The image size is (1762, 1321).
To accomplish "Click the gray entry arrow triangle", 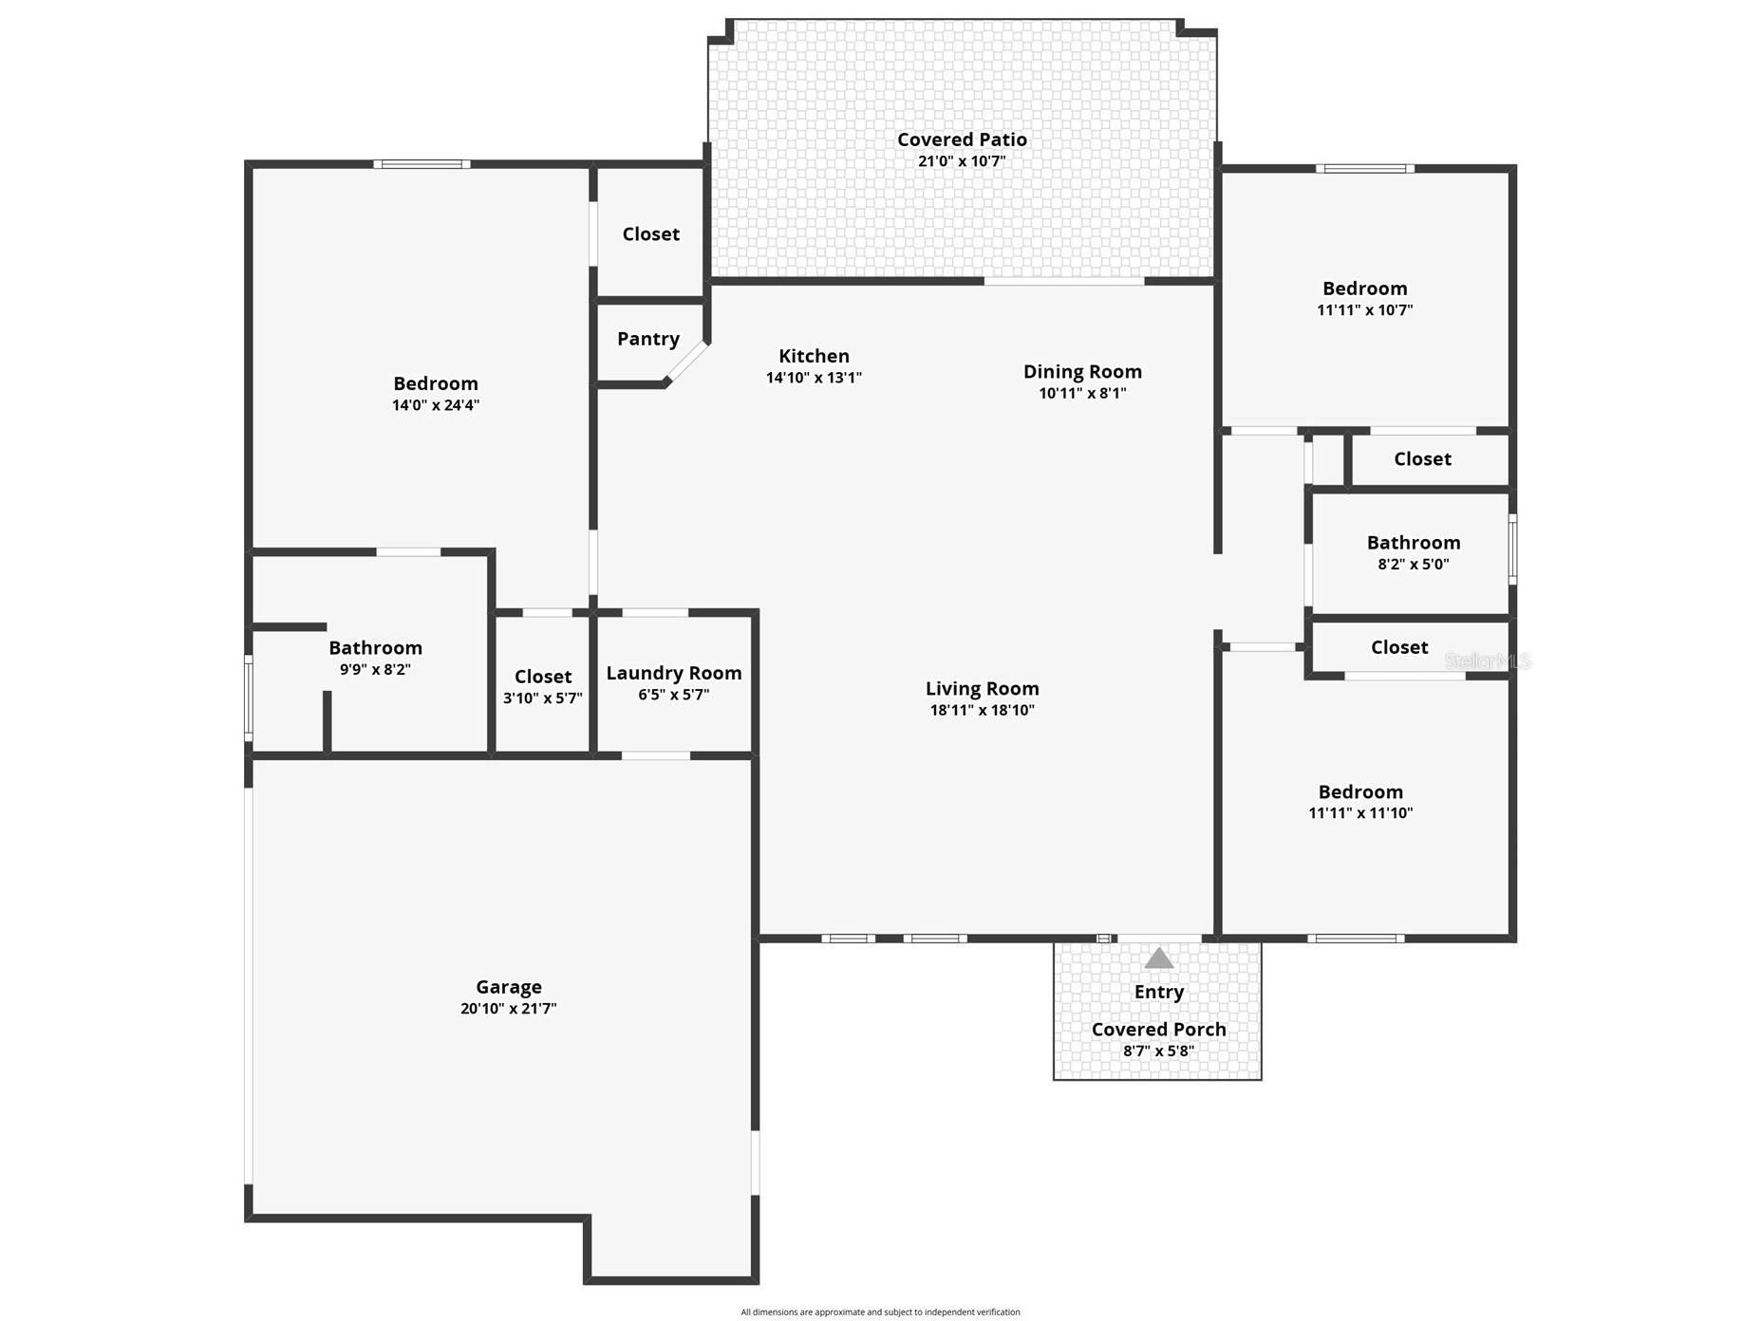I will [x=1158, y=958].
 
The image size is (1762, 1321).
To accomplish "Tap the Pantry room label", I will [x=648, y=339].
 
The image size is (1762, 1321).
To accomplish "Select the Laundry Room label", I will [x=674, y=673].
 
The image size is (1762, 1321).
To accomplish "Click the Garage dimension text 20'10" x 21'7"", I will [x=509, y=1009].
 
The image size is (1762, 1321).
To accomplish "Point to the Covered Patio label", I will [x=962, y=140].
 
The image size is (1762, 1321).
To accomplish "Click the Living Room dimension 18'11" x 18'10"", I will [x=982, y=710].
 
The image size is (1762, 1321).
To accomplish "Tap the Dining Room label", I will [x=1082, y=372].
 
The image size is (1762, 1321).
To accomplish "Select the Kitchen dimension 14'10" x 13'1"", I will [x=814, y=378].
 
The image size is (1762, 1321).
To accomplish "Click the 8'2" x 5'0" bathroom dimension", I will [x=1414, y=564].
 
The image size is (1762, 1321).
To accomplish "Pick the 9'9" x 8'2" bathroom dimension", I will [x=375, y=669].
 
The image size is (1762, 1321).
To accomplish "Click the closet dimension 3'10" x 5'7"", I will [x=543, y=698].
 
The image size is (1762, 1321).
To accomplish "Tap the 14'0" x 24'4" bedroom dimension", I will [x=436, y=405].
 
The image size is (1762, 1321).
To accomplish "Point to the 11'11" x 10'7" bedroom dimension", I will [x=1365, y=310].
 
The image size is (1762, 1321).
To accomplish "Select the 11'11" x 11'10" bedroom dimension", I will [x=1360, y=813].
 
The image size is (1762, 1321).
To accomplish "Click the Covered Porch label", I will [x=1158, y=1030].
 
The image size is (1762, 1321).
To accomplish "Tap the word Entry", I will [x=1158, y=992].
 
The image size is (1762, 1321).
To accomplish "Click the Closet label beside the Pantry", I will [x=650, y=234].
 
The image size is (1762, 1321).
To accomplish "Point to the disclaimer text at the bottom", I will [x=880, y=1312].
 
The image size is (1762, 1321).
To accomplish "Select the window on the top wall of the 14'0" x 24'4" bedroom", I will [x=422, y=164].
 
